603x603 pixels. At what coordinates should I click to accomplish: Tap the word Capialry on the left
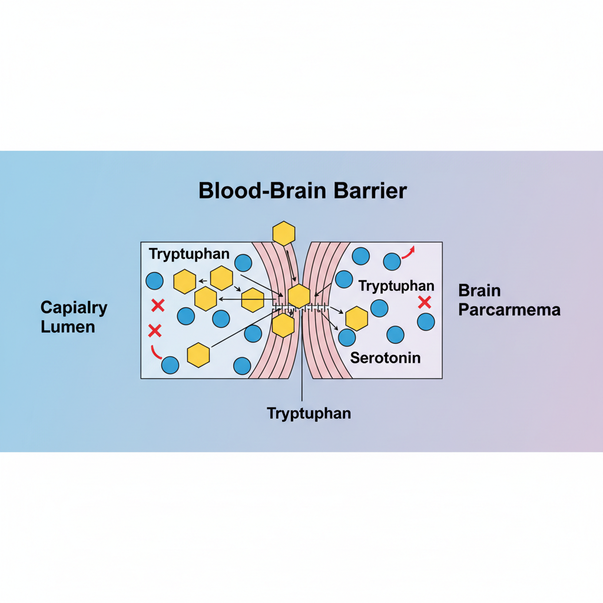[74, 307]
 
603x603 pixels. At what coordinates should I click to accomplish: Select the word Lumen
[68, 327]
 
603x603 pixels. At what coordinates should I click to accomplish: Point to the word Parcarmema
[509, 310]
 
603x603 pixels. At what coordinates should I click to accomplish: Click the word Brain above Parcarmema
[479, 290]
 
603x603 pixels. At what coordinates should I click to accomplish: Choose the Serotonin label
[385, 357]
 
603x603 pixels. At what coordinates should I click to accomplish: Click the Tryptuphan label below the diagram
[309, 413]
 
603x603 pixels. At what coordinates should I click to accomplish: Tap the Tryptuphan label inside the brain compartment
[396, 286]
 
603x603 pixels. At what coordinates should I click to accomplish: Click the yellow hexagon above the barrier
[284, 233]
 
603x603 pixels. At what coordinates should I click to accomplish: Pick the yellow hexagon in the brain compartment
[357, 318]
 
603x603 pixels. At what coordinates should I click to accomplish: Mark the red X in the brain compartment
[424, 303]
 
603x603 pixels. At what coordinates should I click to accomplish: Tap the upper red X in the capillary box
[157, 305]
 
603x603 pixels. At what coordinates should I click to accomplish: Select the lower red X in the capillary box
[155, 330]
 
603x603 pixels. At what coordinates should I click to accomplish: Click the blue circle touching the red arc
[170, 365]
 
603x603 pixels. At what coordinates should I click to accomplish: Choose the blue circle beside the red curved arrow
[392, 261]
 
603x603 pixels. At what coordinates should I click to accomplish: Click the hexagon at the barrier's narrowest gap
[299, 296]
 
